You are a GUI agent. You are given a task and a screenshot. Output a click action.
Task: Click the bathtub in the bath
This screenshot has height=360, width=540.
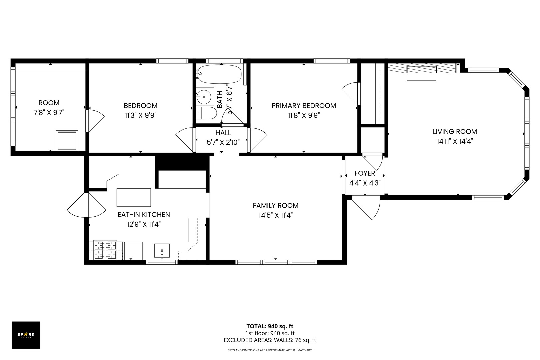click(x=219, y=74)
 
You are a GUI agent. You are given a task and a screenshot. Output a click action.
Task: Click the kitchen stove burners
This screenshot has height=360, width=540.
click(x=105, y=250)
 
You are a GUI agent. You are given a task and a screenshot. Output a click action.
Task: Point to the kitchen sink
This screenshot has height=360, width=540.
click(x=162, y=251)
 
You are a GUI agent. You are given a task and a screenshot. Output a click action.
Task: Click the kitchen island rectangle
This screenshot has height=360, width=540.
click(x=134, y=197)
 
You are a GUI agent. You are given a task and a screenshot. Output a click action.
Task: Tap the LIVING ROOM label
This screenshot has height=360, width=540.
click(x=455, y=131)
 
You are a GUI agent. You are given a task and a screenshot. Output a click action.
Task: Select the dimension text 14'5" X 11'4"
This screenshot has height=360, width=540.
click(x=275, y=215)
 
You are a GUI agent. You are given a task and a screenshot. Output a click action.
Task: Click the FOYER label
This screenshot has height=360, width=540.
click(x=365, y=173)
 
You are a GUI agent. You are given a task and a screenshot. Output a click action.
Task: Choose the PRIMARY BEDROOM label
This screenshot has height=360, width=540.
click(x=304, y=106)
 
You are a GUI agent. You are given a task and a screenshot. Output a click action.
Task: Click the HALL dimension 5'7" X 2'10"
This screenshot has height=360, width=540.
click(x=223, y=142)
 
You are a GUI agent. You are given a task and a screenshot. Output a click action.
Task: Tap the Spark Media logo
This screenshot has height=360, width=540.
click(x=26, y=335)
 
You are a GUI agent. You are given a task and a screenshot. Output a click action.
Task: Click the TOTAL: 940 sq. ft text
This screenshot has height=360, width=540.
click(x=270, y=326)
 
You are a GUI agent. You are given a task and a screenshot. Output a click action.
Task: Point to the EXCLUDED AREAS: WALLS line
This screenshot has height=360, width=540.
click(x=270, y=340)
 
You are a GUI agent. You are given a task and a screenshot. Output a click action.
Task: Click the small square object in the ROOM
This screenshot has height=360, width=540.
click(x=67, y=140)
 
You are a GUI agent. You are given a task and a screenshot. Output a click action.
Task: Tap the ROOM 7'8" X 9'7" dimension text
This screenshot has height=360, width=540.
click(x=49, y=113)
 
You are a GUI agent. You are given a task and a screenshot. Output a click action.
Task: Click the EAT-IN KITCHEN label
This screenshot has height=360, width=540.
click(x=144, y=215)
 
